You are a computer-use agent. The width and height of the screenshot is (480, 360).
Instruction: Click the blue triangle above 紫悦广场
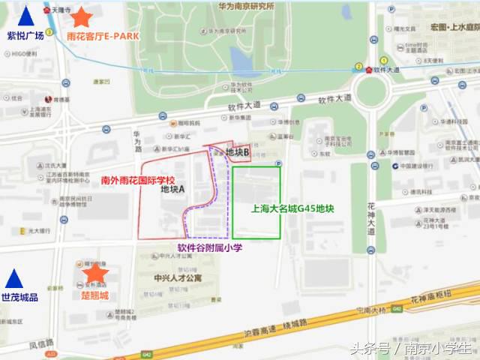pos(26,16)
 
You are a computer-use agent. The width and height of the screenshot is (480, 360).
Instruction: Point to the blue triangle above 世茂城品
pos(13,279)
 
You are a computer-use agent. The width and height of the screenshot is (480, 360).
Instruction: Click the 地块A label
pos(173,190)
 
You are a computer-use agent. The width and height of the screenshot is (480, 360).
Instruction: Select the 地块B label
pos(237,153)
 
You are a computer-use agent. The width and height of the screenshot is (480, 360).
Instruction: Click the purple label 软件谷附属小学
pos(210,247)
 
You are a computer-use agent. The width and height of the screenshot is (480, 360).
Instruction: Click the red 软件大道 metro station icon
pos(370,70)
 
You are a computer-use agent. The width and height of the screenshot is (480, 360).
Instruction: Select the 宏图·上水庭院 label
pos(454,27)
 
